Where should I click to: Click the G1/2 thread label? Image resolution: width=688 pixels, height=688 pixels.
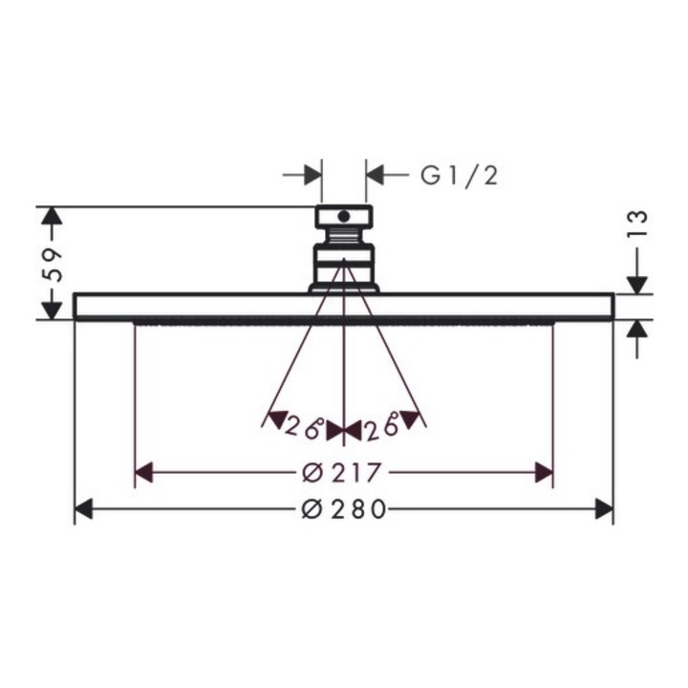460,176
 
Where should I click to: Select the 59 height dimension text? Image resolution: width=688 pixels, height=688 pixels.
53,265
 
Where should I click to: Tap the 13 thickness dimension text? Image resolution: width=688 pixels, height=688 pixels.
637,224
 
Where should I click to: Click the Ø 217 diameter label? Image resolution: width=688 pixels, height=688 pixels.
341,473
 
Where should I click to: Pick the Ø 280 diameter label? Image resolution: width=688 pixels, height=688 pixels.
344,509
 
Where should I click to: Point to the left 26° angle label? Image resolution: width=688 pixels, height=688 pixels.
304,426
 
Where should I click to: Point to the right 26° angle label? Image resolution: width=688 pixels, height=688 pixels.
381,426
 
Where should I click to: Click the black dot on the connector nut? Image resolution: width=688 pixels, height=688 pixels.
344,216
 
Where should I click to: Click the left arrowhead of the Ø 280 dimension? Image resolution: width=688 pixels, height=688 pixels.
83,509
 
